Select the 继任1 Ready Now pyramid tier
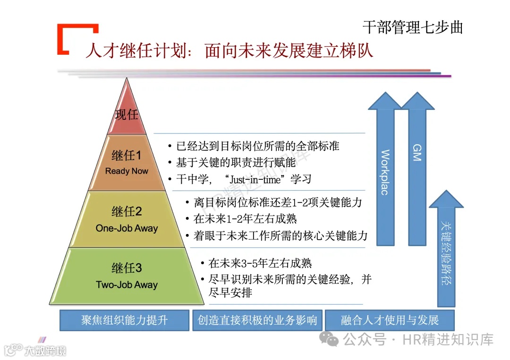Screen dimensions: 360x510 point(127,163)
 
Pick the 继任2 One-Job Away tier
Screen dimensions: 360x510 point(127,219)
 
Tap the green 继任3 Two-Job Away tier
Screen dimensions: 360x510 point(127,276)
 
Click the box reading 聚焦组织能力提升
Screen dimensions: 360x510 point(124,320)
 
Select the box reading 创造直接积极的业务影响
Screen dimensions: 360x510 point(257,320)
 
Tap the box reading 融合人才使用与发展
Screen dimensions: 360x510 point(390,320)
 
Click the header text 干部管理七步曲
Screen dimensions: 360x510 point(413,27)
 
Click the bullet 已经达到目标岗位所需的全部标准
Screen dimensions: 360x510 point(257,146)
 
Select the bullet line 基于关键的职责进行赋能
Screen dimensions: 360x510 point(236,162)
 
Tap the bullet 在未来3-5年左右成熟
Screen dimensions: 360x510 point(260,263)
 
